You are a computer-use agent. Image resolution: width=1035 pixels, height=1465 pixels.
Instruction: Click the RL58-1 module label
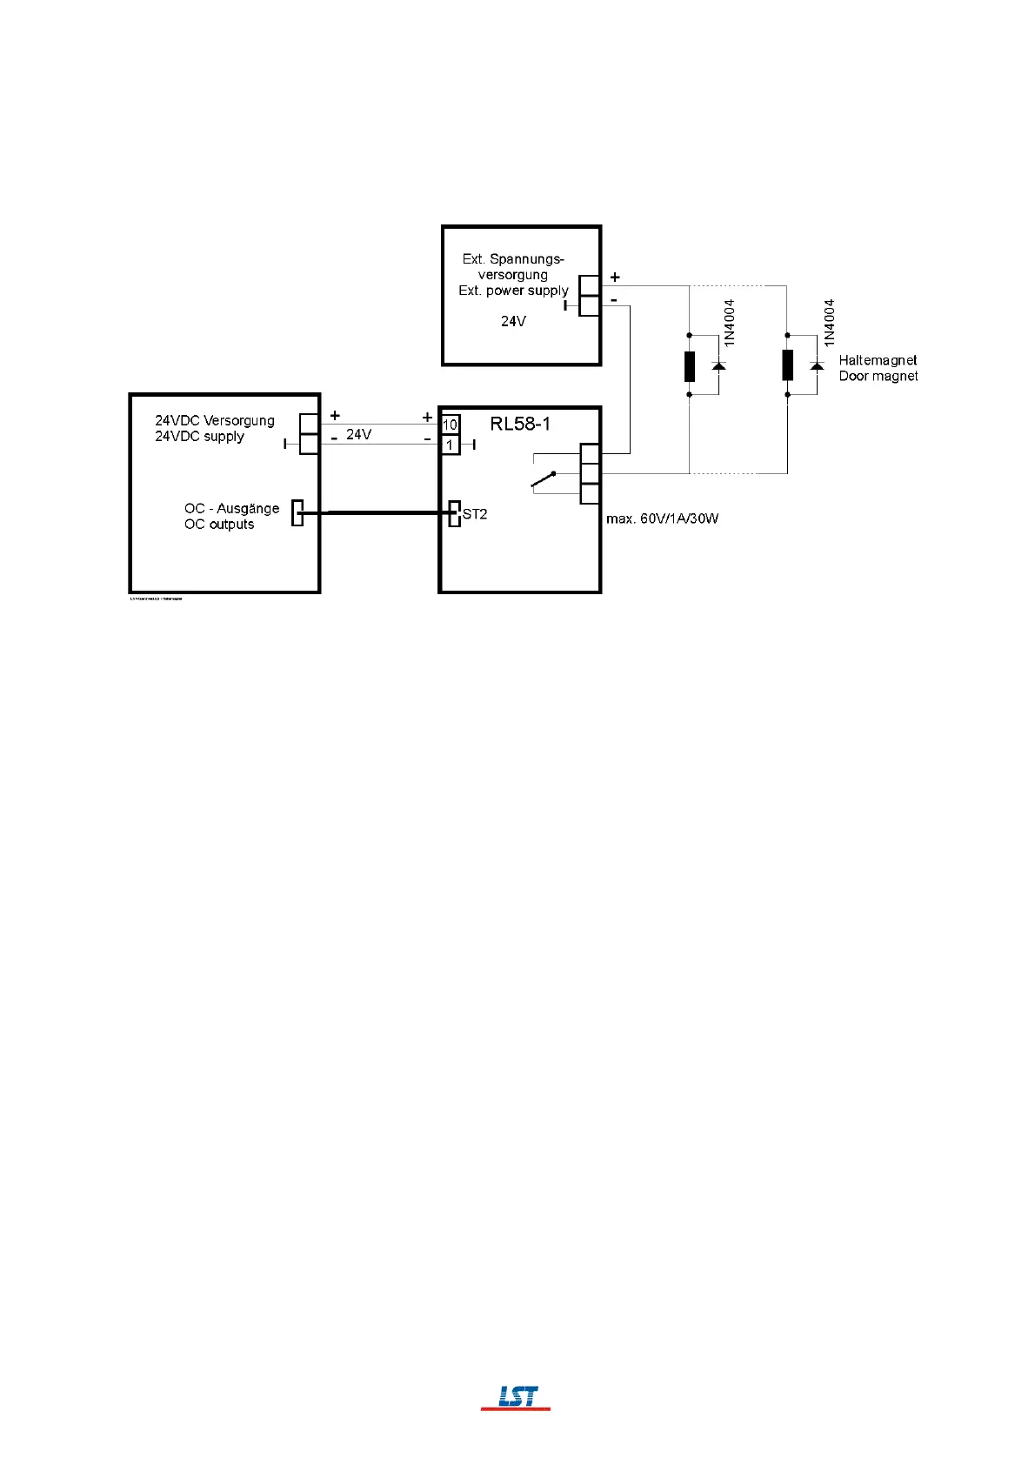point(520,425)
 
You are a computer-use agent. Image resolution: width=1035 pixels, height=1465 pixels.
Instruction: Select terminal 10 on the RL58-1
point(450,425)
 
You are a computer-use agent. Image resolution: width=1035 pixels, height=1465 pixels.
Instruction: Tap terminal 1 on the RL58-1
point(450,445)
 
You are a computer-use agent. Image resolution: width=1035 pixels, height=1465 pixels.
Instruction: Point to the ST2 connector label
point(475,514)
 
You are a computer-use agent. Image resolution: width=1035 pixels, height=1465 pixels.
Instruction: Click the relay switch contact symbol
point(544,478)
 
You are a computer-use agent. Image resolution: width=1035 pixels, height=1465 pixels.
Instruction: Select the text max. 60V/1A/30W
point(662,519)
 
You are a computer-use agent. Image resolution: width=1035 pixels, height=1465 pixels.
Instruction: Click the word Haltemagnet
point(878,360)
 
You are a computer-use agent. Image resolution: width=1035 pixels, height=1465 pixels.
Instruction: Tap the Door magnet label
point(878,377)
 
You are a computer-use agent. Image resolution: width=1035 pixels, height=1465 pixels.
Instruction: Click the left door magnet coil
point(690,366)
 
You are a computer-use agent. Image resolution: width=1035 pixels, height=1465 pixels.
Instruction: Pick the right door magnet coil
point(787,366)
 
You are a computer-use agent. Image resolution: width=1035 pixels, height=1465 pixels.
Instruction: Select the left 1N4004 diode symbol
point(718,366)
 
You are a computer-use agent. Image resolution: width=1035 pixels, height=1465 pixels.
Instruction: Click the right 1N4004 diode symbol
point(817,366)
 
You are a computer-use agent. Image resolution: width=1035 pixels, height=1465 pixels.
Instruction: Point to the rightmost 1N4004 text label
point(829,323)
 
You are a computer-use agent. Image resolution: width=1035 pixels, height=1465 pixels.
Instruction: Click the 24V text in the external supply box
point(513,321)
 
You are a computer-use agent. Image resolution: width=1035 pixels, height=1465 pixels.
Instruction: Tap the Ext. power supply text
point(513,291)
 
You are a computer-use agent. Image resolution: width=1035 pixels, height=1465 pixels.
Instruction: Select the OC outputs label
point(219,525)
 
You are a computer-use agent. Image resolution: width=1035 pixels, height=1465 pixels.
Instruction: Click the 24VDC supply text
point(199,437)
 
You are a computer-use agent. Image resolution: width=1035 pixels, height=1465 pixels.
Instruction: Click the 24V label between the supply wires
point(358,434)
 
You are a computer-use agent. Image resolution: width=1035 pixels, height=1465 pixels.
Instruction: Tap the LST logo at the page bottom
point(517,1397)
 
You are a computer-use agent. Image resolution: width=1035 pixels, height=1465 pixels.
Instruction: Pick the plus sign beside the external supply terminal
point(615,278)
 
